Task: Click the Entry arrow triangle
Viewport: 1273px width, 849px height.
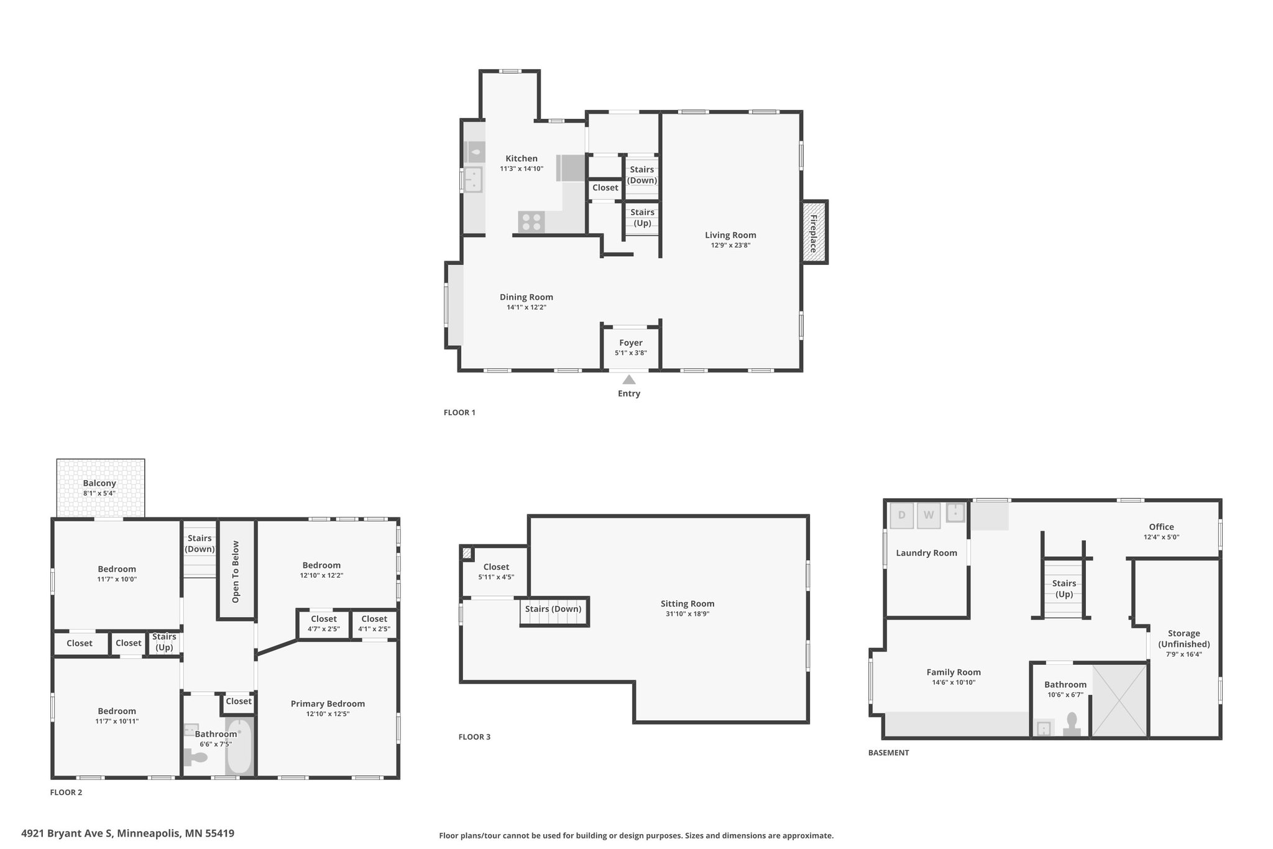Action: point(629,379)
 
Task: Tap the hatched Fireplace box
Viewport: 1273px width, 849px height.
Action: point(814,233)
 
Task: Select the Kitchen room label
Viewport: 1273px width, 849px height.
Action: point(522,159)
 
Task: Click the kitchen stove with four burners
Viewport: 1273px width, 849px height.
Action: point(531,222)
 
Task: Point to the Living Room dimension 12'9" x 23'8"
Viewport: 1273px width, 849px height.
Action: point(730,245)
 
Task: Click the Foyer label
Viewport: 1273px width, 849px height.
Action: point(631,343)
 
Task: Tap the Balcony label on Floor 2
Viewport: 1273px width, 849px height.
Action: point(99,483)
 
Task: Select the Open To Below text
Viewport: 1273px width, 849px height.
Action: point(236,572)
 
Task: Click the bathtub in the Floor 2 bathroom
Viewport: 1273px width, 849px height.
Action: point(239,746)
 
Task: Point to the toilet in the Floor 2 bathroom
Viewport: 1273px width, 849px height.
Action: point(195,757)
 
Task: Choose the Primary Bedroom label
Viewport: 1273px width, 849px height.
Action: point(328,704)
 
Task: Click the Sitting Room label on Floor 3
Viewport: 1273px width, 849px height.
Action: point(687,603)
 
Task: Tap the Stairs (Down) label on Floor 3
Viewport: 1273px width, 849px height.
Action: point(553,609)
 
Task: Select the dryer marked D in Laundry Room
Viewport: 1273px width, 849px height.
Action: point(902,515)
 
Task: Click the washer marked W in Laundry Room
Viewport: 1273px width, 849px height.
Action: point(929,515)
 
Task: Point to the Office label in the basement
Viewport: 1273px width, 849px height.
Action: point(1161,527)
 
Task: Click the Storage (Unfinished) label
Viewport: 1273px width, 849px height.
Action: point(1183,639)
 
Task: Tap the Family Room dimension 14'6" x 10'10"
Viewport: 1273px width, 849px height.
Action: point(954,682)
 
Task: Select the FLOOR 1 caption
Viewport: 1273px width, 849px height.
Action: point(459,412)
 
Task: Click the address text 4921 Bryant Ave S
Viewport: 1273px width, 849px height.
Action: point(68,833)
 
